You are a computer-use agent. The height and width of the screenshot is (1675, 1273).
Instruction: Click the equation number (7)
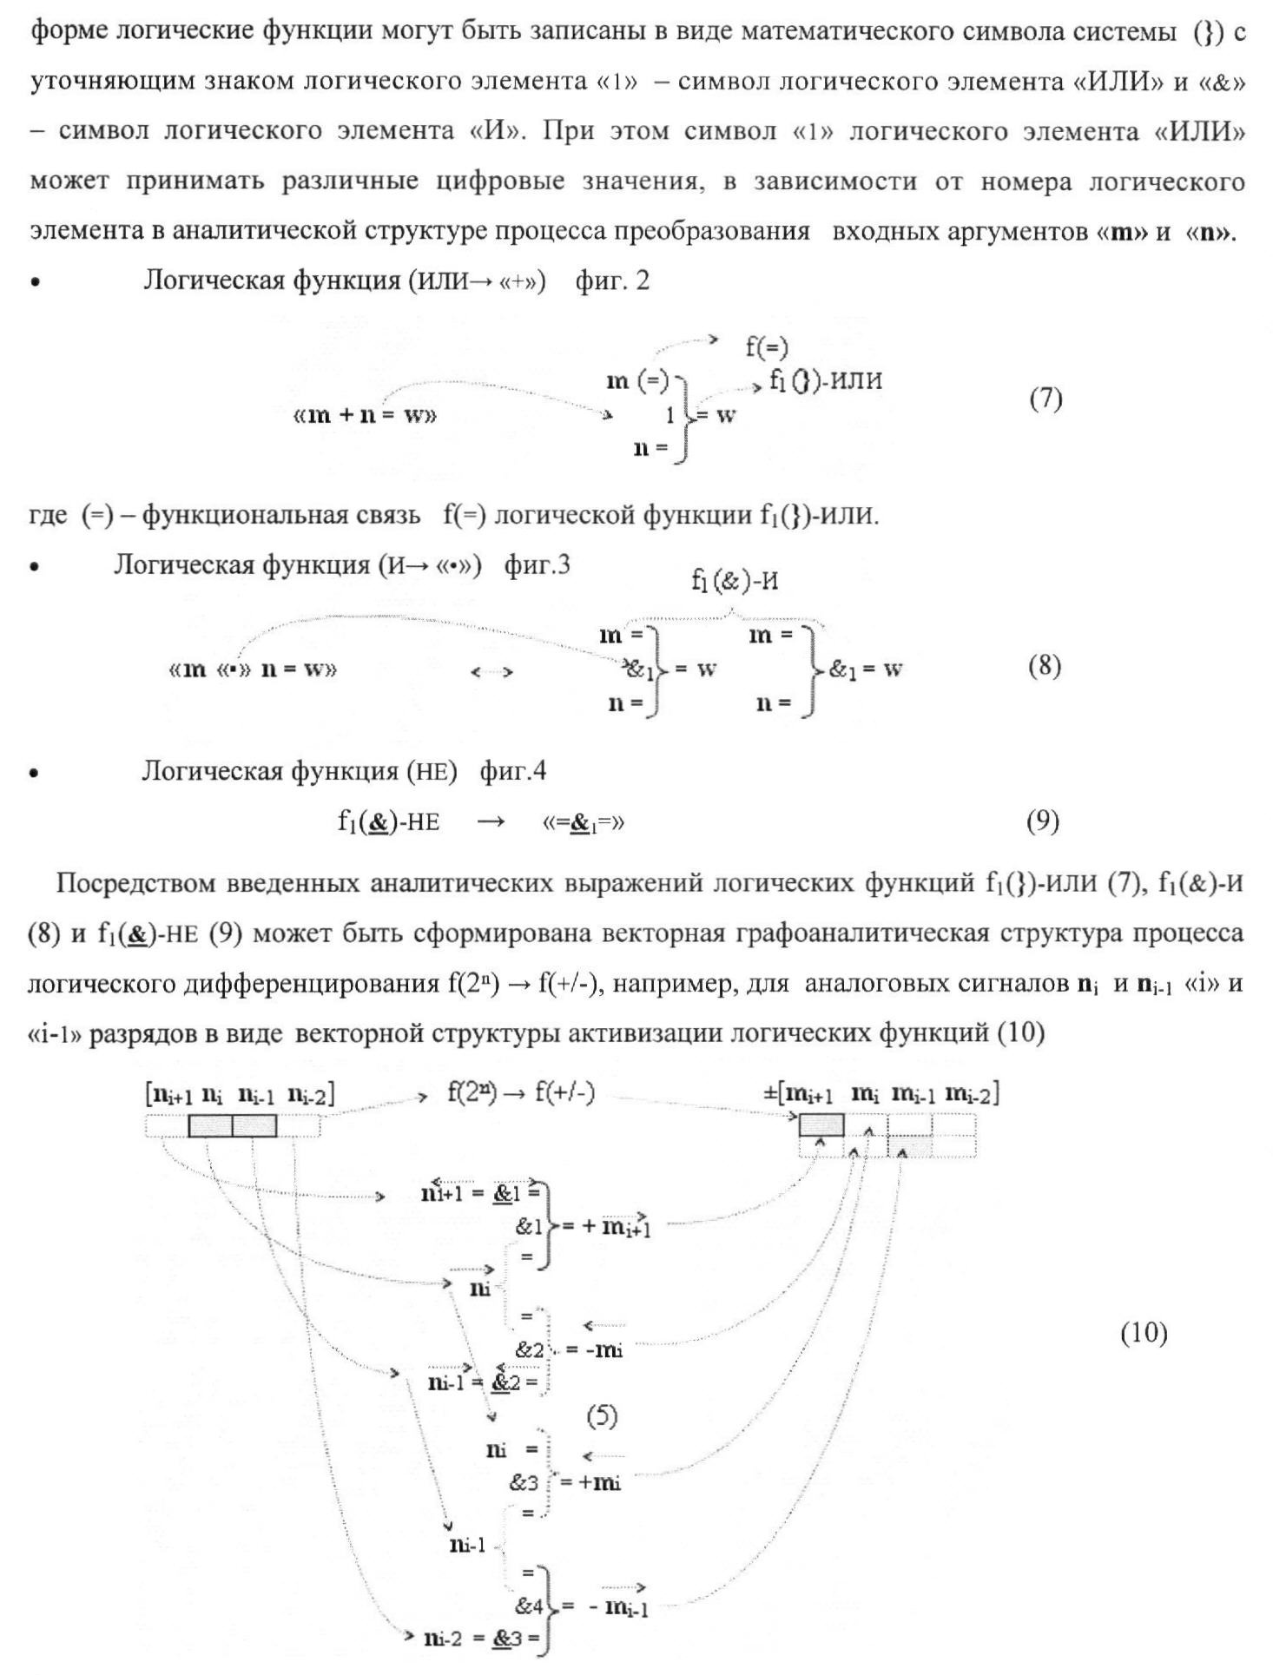click(x=1046, y=399)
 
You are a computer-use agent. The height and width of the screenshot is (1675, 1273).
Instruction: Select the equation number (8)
click(x=1045, y=666)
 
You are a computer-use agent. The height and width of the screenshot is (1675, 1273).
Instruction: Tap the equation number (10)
click(x=1144, y=1332)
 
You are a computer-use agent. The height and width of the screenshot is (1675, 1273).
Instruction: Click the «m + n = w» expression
click(x=365, y=415)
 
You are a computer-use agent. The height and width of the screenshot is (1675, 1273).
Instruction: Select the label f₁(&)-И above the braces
click(x=735, y=581)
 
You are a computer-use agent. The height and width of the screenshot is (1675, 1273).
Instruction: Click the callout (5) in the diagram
click(x=602, y=1416)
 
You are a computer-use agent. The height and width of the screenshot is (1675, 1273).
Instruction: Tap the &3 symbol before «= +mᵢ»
click(x=524, y=1482)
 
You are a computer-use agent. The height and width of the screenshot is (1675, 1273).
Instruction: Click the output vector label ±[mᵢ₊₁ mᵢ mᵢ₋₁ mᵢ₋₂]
click(x=881, y=1094)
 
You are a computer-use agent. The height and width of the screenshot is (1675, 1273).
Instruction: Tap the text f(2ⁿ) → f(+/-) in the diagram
click(x=521, y=1093)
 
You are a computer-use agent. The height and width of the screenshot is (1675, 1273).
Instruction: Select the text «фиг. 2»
click(x=612, y=281)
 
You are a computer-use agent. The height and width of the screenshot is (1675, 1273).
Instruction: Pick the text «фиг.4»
click(x=513, y=771)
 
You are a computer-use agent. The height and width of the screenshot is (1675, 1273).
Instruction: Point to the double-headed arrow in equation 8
click(x=491, y=672)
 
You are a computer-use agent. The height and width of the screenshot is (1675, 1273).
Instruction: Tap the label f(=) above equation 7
click(x=767, y=347)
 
